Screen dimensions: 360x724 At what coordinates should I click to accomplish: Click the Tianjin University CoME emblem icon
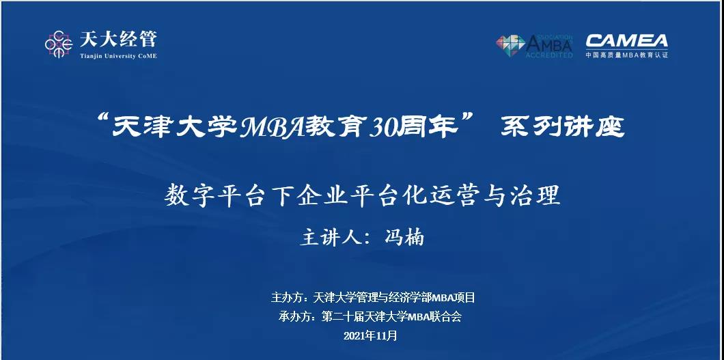pos(60,44)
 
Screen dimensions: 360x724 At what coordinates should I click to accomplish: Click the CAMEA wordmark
pos(626,40)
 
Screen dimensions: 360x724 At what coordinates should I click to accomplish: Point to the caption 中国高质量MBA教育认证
pos(626,55)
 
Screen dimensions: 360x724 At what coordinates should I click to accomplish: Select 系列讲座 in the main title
pos(561,128)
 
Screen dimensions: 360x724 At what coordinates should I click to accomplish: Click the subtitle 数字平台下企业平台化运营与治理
pos(362,196)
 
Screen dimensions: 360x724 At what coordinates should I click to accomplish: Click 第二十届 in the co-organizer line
pos(340,316)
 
